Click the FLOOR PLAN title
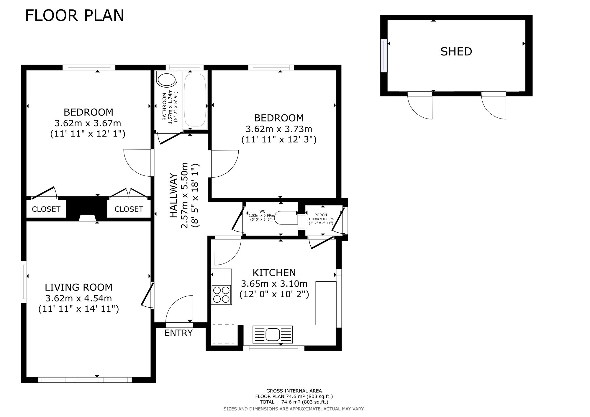[x=75, y=16]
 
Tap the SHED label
[x=456, y=52]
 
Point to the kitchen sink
[x=273, y=334]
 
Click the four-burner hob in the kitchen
[x=221, y=295]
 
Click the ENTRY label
[x=178, y=333]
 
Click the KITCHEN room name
[x=274, y=272]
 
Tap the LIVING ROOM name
[x=78, y=287]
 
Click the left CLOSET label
[x=46, y=209]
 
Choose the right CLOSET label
[x=129, y=209]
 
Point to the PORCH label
[x=321, y=215]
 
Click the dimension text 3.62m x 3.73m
[x=279, y=129]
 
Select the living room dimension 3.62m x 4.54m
[x=78, y=298]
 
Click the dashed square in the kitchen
[x=223, y=334]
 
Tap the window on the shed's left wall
[x=383, y=55]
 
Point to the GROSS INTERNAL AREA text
[x=294, y=391]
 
